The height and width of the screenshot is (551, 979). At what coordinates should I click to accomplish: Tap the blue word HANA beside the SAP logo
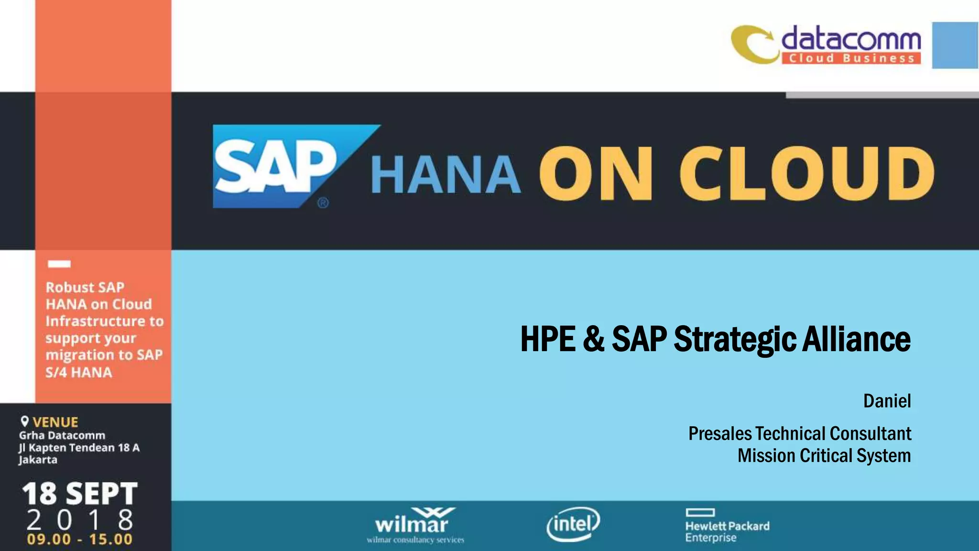(x=446, y=175)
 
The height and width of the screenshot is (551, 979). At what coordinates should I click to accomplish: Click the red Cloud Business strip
(x=851, y=58)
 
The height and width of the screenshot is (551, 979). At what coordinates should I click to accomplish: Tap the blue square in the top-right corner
(x=955, y=45)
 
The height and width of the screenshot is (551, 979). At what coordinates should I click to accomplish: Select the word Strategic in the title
(x=735, y=339)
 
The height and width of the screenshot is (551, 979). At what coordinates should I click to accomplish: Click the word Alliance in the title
(x=857, y=339)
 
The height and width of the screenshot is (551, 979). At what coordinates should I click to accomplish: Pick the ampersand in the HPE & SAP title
(x=593, y=339)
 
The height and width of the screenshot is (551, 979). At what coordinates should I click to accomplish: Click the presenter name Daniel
(x=887, y=401)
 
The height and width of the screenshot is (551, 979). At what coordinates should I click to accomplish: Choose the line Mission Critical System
(x=824, y=455)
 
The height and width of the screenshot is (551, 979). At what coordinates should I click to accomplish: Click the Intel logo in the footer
(x=573, y=524)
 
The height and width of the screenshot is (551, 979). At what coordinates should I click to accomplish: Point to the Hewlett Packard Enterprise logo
(x=727, y=526)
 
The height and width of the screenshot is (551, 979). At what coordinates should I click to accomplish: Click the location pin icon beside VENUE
(x=25, y=421)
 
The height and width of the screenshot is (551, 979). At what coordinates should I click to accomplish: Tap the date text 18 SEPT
(x=80, y=494)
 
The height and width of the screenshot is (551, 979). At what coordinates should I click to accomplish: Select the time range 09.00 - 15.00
(x=80, y=540)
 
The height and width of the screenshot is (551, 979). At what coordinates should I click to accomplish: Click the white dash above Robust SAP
(x=59, y=264)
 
